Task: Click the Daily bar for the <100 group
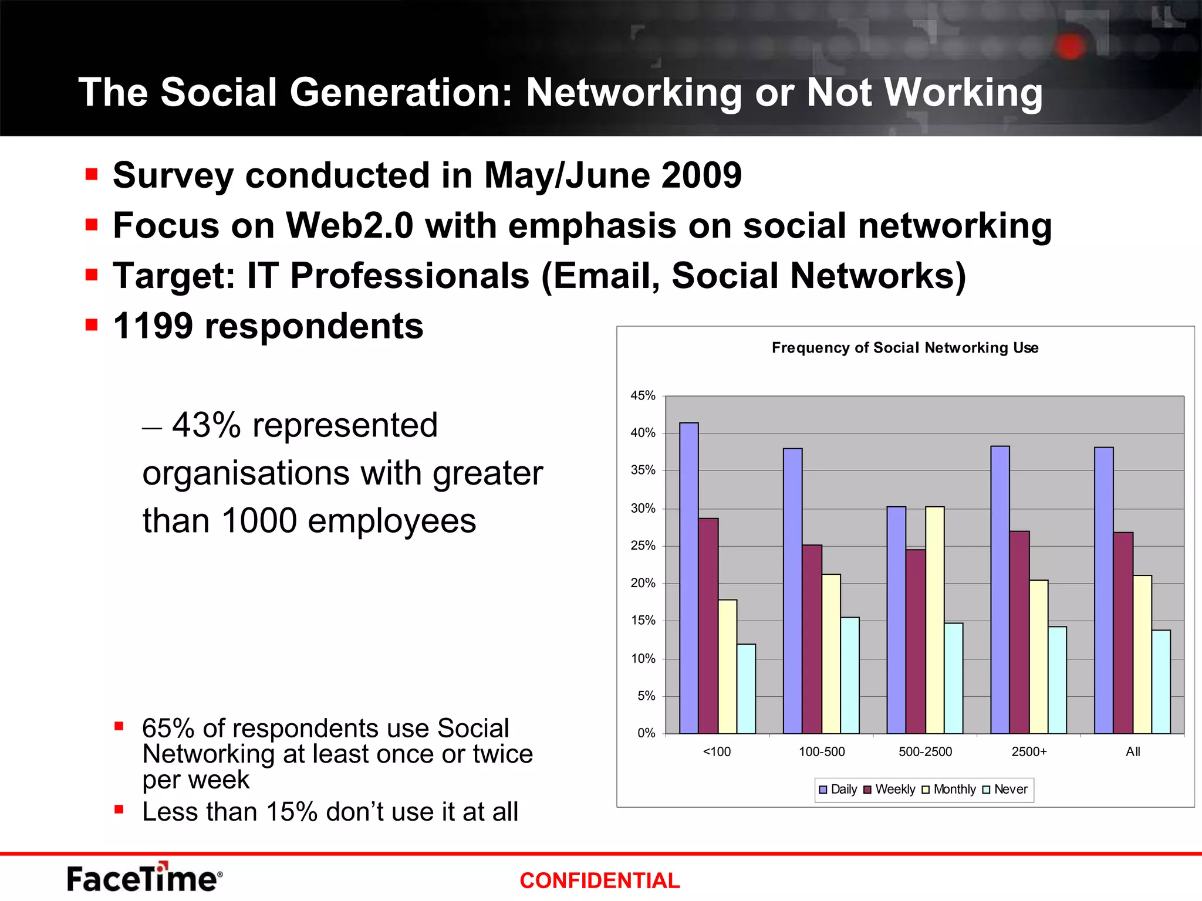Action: coord(689,578)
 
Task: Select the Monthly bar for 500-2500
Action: coord(935,620)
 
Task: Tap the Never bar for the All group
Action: coord(1161,682)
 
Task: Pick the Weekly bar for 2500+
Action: coord(1019,632)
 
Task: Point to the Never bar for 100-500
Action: coord(850,675)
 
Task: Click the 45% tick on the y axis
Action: coord(643,396)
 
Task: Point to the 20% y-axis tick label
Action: coord(643,583)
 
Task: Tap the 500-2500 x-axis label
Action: coord(926,752)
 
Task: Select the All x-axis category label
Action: coord(1133,752)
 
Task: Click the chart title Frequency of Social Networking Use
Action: coord(905,348)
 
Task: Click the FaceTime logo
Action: coord(144,878)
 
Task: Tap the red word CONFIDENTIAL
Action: coord(599,880)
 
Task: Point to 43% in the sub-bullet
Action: coord(206,425)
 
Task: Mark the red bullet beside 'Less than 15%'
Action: coord(119,810)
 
